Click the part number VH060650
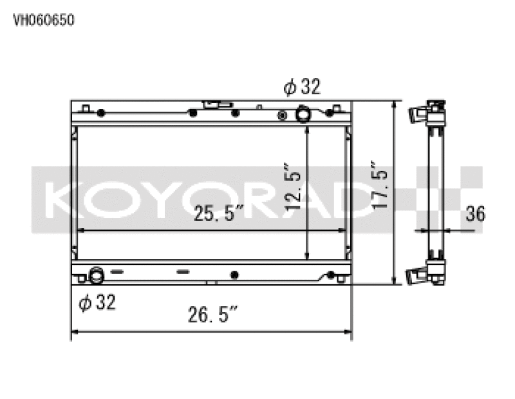pyautogui.click(x=44, y=20)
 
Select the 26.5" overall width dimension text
pyautogui.click(x=213, y=316)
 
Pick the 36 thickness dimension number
pyautogui.click(x=474, y=213)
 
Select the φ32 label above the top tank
pyautogui.click(x=302, y=87)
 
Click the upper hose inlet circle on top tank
pyautogui.click(x=303, y=115)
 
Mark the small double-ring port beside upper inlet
pyautogui.click(x=281, y=115)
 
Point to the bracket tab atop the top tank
pyautogui.click(x=213, y=104)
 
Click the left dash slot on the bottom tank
pyautogui.click(x=117, y=271)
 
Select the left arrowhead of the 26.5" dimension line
pyautogui.click(x=73, y=333)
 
